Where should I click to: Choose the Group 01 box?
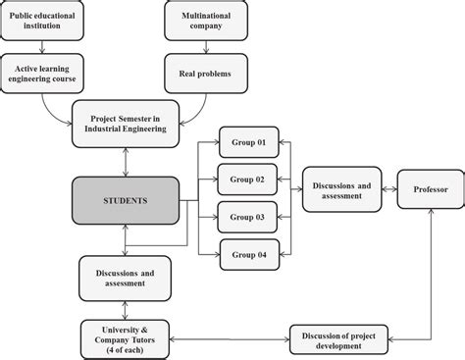pyautogui.click(x=248, y=142)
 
